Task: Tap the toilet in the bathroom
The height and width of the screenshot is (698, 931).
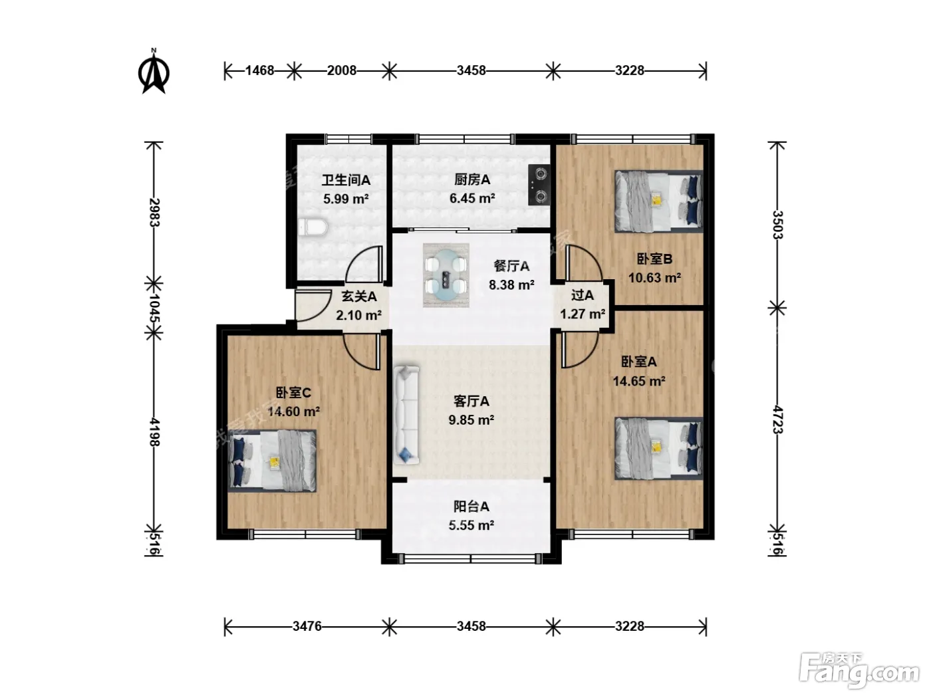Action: (x=313, y=227)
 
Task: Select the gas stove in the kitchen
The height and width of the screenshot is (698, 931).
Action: (x=539, y=185)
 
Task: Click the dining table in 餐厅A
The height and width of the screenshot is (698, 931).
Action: (x=446, y=275)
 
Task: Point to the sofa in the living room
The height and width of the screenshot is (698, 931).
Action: (x=407, y=415)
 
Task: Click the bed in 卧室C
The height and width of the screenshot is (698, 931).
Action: (x=272, y=461)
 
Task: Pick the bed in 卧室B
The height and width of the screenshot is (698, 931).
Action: (x=659, y=201)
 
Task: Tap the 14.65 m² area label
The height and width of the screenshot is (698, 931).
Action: (x=639, y=381)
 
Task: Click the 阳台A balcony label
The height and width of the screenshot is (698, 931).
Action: (x=471, y=506)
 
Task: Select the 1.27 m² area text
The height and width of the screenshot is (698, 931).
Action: (x=583, y=314)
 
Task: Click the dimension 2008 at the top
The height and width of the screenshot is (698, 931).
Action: (x=341, y=70)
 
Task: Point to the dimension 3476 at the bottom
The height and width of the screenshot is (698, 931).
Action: (x=307, y=626)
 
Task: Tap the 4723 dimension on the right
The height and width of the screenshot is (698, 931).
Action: (x=777, y=419)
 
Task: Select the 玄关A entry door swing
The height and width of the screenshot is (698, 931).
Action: (x=313, y=305)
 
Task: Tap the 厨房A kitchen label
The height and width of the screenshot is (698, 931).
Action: (x=472, y=179)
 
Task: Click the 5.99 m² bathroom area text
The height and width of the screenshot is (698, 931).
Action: (x=346, y=198)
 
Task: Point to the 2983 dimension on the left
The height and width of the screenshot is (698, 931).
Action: (x=154, y=213)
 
